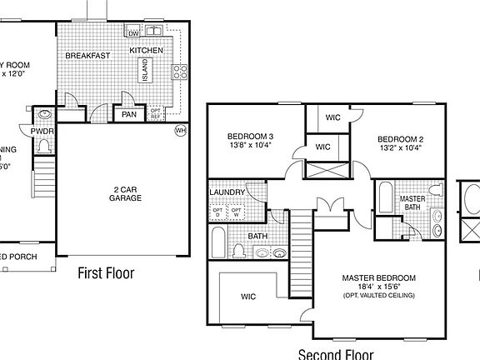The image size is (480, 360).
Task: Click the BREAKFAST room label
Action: pos(89,56)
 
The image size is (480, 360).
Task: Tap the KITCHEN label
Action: pos(147,51)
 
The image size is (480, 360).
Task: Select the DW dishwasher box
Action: pos(133,32)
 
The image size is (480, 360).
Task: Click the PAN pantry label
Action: pos(128,115)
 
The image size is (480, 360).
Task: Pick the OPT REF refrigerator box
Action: pos(155,113)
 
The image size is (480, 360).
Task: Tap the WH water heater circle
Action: pos(180,130)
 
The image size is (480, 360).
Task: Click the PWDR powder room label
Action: pos(42,131)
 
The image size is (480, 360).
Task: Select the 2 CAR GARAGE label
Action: pos(126,194)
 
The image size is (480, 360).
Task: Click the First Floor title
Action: pos(106,272)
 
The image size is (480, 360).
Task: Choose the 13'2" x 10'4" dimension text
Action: pos(400,148)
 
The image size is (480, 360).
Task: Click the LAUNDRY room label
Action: pos(227,192)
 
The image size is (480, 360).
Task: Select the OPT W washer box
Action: pos(236,212)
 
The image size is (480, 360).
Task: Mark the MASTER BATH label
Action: pos(413,203)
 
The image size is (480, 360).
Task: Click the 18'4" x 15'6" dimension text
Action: pos(377,286)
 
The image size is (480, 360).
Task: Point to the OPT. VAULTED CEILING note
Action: pos(377,295)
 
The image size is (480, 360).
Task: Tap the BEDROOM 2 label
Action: pos(401,138)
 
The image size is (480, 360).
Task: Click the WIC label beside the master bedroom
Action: pos(247,297)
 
